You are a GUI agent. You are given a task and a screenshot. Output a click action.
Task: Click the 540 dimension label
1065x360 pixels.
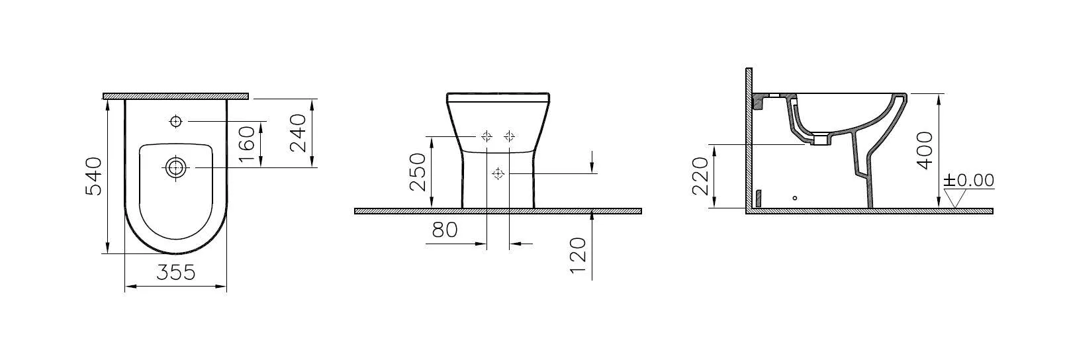[95, 176]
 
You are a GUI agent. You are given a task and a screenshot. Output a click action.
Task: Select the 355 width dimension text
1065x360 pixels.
[176, 272]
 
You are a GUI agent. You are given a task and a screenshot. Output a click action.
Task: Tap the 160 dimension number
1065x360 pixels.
[246, 144]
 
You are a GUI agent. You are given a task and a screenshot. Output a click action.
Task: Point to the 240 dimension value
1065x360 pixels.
[299, 133]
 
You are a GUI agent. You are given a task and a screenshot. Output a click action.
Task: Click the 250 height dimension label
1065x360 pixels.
[418, 172]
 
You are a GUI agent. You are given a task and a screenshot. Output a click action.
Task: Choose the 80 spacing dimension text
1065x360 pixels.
[445, 230]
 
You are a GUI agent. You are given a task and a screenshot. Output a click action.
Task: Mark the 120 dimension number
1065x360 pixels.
[578, 255]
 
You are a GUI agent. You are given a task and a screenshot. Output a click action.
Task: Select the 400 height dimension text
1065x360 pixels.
[925, 150]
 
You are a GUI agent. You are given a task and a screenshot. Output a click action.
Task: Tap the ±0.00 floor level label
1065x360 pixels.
[968, 181]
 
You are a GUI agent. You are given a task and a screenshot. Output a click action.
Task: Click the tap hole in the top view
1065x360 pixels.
[175, 121]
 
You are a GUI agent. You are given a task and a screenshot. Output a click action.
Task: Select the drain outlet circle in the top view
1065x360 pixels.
[175, 168]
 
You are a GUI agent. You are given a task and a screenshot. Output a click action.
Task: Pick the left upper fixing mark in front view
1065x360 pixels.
[486, 136]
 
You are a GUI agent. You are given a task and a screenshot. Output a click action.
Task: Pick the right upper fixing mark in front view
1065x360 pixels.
[509, 136]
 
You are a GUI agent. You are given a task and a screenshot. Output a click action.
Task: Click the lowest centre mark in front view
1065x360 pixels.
[498, 173]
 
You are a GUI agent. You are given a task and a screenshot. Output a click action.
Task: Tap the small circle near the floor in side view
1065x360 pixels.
[795, 197]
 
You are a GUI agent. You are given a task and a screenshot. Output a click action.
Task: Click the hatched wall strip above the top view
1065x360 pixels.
[176, 96]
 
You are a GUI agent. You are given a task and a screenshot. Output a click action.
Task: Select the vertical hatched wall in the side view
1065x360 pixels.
[749, 139]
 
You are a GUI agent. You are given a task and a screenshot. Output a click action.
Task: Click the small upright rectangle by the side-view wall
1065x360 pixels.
[759, 198]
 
